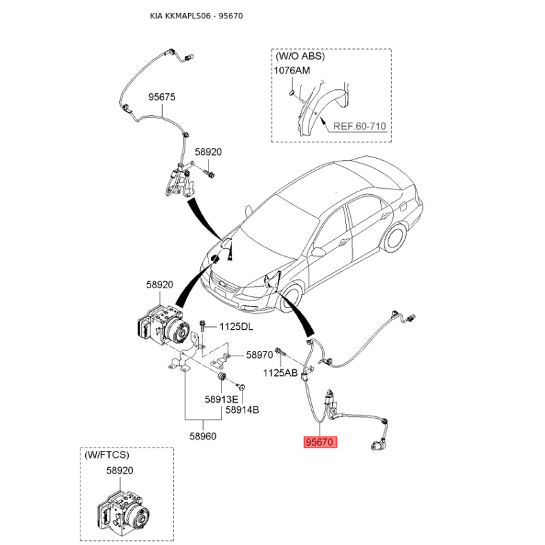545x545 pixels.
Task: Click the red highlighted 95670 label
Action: coord(320,442)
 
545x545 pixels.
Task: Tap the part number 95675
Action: coord(162,97)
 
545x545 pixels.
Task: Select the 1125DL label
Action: coord(236,327)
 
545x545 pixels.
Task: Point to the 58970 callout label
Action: coord(260,355)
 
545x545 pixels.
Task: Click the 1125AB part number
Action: coord(280,373)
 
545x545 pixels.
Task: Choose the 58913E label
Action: coord(221,399)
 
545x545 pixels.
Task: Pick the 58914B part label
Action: coord(243,410)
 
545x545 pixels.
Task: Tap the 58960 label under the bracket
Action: coord(203,436)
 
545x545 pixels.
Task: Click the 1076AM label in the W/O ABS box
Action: coord(292,71)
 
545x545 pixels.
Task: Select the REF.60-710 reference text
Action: coord(360,126)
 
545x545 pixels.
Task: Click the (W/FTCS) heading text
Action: coord(107,455)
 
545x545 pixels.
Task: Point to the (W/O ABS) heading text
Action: coord(300,56)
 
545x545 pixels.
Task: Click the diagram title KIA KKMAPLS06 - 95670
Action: coord(196,16)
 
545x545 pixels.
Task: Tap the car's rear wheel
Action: coord(396,238)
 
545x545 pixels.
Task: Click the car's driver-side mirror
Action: coord(317,251)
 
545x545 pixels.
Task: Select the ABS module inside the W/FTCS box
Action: coord(123,513)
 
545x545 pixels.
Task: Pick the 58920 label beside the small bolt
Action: coord(208,152)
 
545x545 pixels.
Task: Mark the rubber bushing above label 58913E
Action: coord(221,377)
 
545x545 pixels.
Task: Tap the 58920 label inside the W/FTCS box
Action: coord(120,470)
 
